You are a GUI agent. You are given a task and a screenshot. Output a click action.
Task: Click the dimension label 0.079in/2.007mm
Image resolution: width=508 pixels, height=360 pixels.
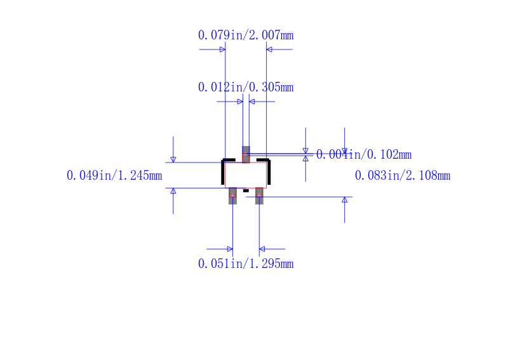pyautogui.click(x=246, y=35)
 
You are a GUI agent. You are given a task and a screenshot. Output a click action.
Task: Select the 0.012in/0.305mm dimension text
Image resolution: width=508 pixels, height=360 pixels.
pyautogui.click(x=246, y=87)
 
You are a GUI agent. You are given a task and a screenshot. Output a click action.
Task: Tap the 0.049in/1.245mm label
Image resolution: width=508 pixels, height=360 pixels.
pyautogui.click(x=114, y=175)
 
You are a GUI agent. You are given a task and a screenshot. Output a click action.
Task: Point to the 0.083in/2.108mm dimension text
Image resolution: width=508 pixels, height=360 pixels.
pyautogui.click(x=403, y=175)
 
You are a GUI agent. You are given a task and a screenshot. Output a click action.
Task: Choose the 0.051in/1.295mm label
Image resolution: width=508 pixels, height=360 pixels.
pyautogui.click(x=246, y=263)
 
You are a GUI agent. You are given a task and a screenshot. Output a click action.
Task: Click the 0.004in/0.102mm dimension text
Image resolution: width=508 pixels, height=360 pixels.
pyautogui.click(x=363, y=154)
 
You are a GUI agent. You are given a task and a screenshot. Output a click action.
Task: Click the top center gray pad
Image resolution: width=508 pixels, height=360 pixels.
pyautogui.click(x=246, y=154)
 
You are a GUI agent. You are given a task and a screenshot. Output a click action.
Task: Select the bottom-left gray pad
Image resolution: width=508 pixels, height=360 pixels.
pyautogui.click(x=232, y=196)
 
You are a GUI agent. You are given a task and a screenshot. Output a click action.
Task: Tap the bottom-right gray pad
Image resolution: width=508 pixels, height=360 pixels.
pyautogui.click(x=259, y=196)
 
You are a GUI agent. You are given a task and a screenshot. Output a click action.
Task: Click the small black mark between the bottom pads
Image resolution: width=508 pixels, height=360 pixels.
pyautogui.click(x=246, y=191)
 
